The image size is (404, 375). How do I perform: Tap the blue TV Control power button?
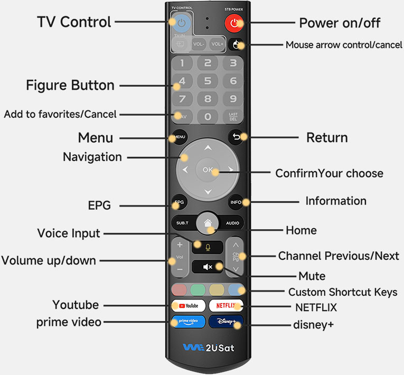pyautogui.click(x=181, y=23)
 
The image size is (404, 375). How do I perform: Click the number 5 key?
pyautogui.click(x=208, y=81)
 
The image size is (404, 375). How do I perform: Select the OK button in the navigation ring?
pyautogui.click(x=208, y=170)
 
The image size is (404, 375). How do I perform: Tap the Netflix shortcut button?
pyautogui.click(x=226, y=306)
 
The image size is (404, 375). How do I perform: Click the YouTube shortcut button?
pyautogui.click(x=189, y=306)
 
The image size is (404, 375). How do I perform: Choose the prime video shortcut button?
pyautogui.click(x=189, y=322)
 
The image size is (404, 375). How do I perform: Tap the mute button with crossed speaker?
pyautogui.click(x=208, y=267)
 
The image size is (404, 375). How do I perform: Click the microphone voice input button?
pyautogui.click(x=208, y=247)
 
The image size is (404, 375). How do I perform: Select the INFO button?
pyautogui.click(x=236, y=202)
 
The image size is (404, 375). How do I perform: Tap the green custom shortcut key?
pyautogui.click(x=198, y=290)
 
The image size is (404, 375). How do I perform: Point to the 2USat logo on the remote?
pyautogui.click(x=209, y=348)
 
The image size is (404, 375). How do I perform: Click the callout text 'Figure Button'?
pyautogui.click(x=70, y=86)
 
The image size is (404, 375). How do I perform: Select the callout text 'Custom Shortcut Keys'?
pyautogui.click(x=343, y=292)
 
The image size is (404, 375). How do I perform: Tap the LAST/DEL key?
pyautogui.click(x=233, y=117)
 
